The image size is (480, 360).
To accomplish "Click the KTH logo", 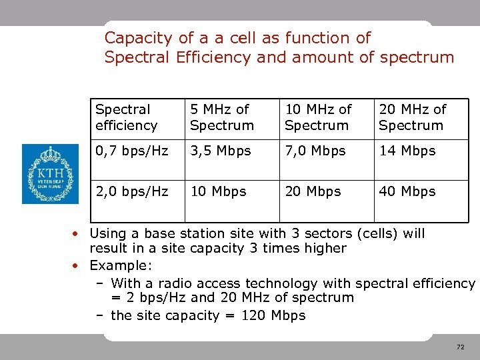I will tap(50, 174).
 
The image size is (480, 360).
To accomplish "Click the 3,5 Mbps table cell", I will tap(220, 151).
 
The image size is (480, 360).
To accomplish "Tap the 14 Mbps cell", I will tap(407, 151).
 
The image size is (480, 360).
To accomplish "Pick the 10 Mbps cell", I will tap(218, 192).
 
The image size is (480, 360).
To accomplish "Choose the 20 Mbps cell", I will tap(313, 192).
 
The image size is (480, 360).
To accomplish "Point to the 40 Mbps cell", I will tap(407, 192).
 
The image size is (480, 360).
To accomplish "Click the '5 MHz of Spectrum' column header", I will tap(221, 117).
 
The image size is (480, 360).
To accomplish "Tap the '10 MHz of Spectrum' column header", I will tap(317, 117).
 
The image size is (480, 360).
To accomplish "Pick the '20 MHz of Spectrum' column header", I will tap(412, 117).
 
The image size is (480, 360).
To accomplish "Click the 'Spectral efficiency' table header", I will tap(126, 117).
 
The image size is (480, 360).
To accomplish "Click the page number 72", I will tap(460, 347).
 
